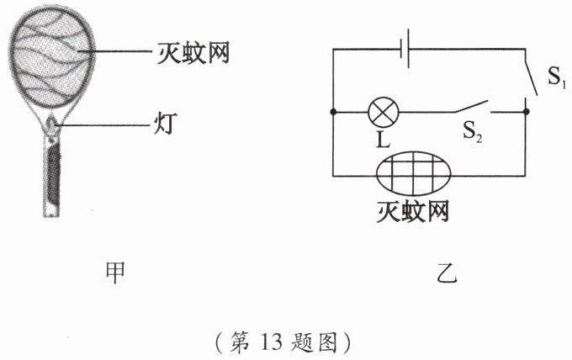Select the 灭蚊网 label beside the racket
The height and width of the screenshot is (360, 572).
[x=194, y=55]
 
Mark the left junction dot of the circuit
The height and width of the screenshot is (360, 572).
[x=334, y=110]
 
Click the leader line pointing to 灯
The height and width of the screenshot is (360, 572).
[x=109, y=126]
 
